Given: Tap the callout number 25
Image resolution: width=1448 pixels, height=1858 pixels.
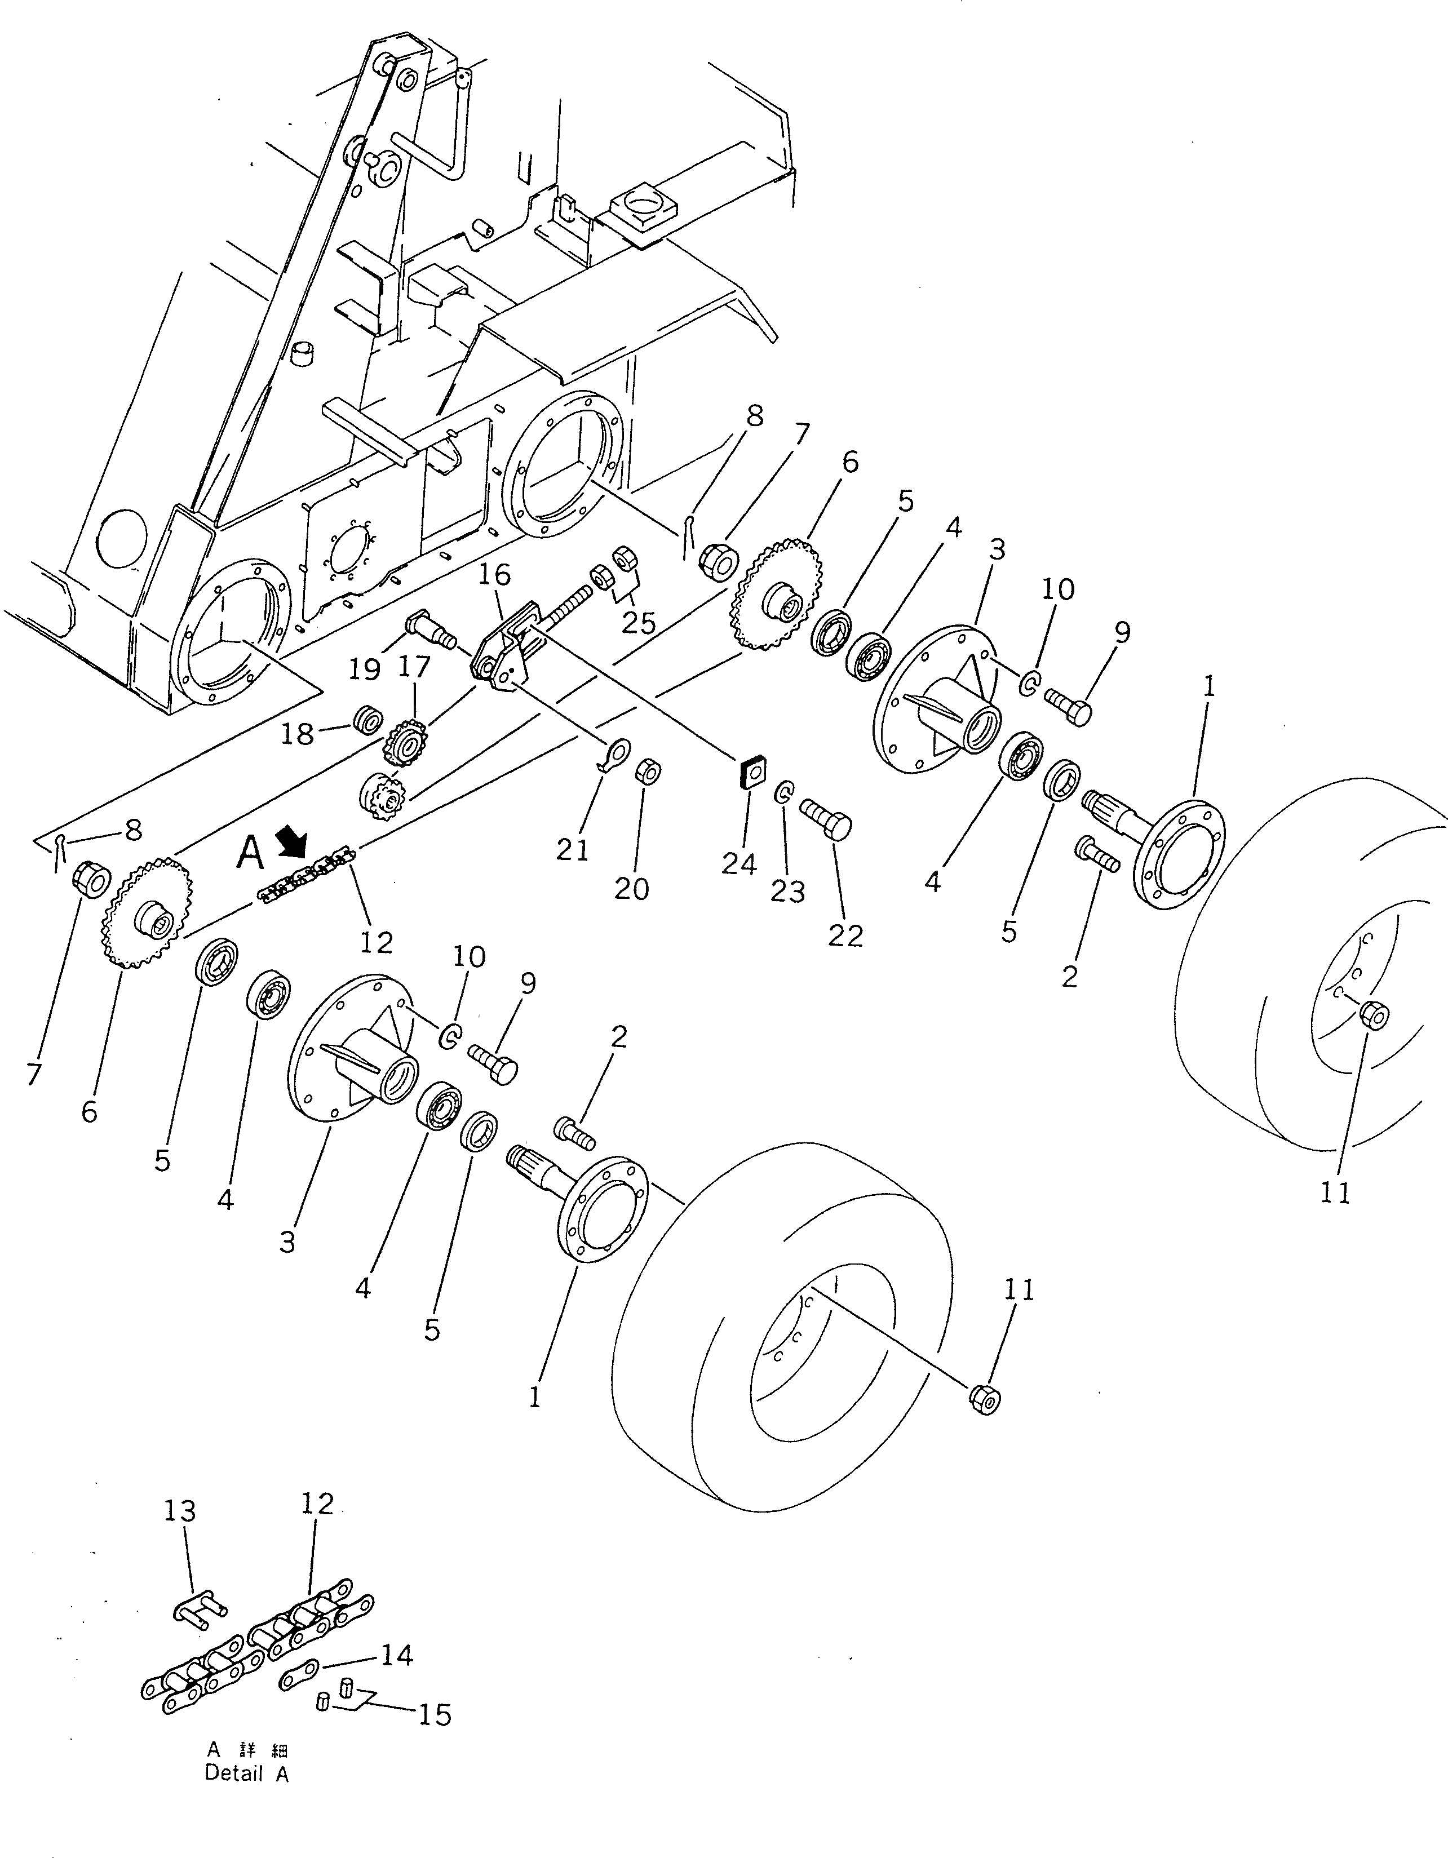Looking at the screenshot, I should click(638, 624).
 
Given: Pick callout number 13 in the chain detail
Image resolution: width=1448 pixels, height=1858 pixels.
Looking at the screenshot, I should click(179, 1510).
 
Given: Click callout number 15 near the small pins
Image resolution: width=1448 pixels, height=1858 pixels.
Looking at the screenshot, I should click(435, 1715).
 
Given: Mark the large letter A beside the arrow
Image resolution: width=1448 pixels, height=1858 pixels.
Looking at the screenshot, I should click(249, 853).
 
